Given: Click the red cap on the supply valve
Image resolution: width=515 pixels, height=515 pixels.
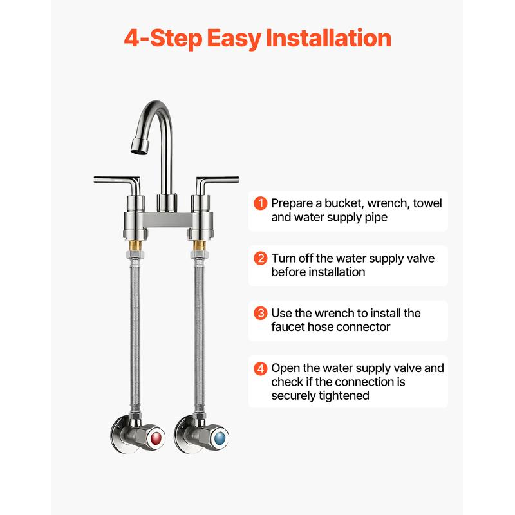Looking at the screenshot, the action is tap(155, 438).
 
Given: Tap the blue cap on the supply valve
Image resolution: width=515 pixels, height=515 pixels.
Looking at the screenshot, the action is tap(219, 438).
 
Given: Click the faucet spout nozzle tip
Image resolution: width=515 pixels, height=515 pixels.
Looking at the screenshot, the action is tap(140, 147).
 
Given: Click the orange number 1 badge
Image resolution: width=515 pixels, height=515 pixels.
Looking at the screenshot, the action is tap(261, 203).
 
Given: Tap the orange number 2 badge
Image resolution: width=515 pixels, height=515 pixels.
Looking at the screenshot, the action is tap(261, 258).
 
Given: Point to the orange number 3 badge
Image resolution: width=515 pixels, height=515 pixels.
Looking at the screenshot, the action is tap(261, 313).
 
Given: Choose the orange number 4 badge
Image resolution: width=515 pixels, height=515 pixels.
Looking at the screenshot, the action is tap(261, 368).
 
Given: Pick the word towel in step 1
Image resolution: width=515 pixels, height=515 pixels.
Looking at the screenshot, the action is tap(427, 203).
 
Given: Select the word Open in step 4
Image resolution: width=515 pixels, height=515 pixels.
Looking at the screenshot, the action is tap(285, 368).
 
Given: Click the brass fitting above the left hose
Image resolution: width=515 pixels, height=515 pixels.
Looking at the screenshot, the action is tap(135, 245).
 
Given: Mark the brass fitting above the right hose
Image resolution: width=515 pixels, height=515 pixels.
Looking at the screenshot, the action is tap(199, 245).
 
